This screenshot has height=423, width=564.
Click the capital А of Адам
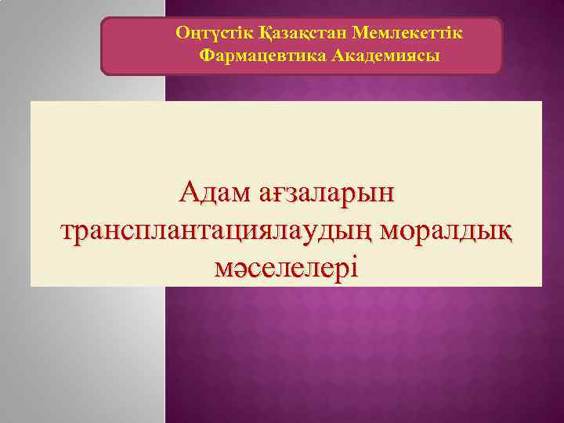188,191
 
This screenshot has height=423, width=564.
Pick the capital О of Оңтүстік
182,34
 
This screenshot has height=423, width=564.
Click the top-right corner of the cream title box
542,101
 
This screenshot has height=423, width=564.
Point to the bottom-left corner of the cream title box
31,286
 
